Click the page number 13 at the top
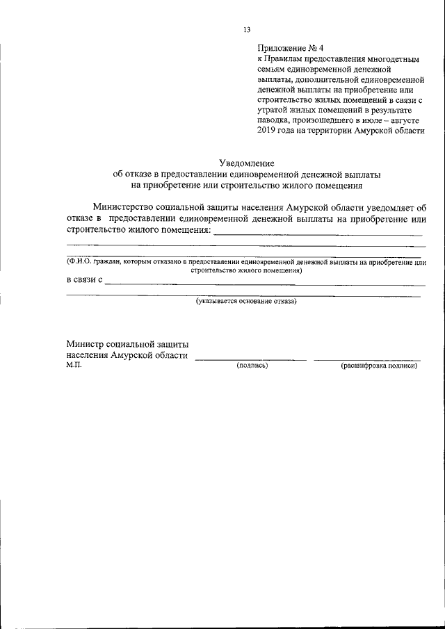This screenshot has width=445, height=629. (x=247, y=30)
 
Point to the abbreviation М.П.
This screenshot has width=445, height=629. (x=74, y=365)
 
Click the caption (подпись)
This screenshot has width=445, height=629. (x=252, y=366)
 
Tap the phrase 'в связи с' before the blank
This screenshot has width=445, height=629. (x=84, y=280)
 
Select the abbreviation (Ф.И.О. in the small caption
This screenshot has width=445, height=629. (x=78, y=263)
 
